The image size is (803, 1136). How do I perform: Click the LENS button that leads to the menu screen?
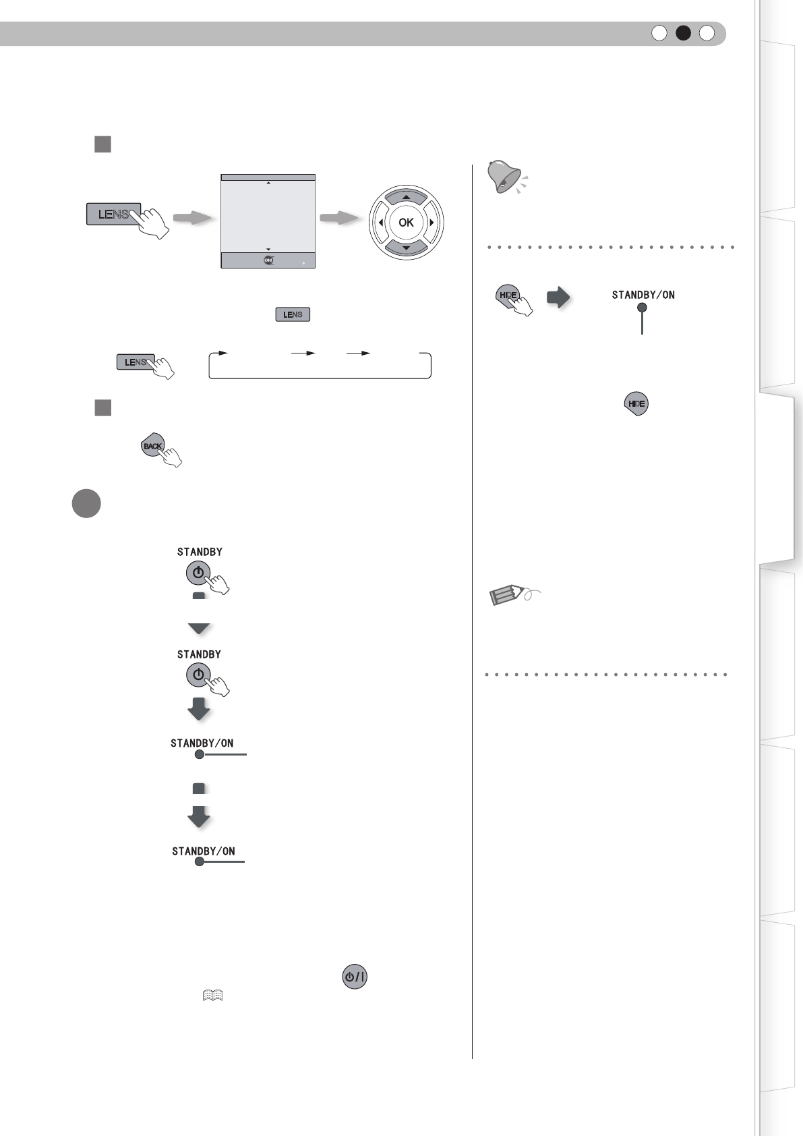(x=113, y=214)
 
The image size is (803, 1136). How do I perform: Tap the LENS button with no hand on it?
(x=293, y=314)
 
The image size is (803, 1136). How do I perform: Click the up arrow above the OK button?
(x=406, y=197)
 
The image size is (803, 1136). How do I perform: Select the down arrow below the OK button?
(x=406, y=248)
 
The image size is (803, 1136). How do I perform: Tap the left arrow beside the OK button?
(x=381, y=223)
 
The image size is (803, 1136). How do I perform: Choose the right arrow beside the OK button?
(x=432, y=223)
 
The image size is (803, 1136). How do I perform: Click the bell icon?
(x=506, y=177)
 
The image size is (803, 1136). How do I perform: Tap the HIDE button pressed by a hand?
(x=507, y=295)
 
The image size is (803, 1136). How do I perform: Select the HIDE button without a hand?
(x=636, y=403)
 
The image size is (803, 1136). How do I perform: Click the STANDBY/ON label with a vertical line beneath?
(x=643, y=295)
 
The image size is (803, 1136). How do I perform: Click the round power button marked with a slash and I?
(x=355, y=977)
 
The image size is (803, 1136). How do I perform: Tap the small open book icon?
(x=212, y=996)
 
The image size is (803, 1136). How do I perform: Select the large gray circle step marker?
(x=86, y=503)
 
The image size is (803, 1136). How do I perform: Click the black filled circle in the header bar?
(x=683, y=33)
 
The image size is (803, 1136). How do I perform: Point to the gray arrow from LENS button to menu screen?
(x=193, y=218)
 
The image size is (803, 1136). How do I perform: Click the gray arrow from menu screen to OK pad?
(x=339, y=218)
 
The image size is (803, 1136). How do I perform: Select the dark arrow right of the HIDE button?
(x=558, y=297)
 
